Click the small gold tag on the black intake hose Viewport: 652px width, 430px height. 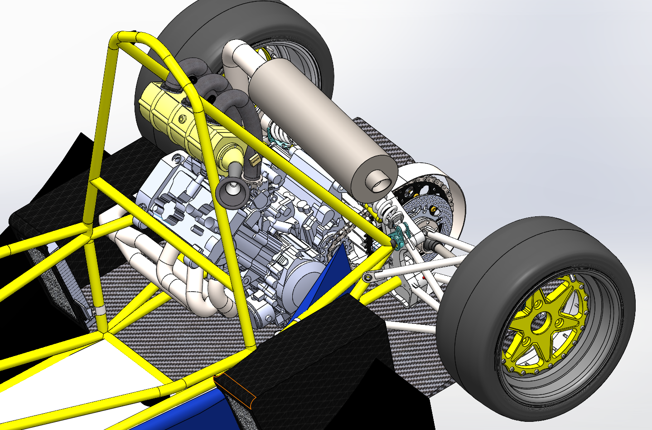254,159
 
